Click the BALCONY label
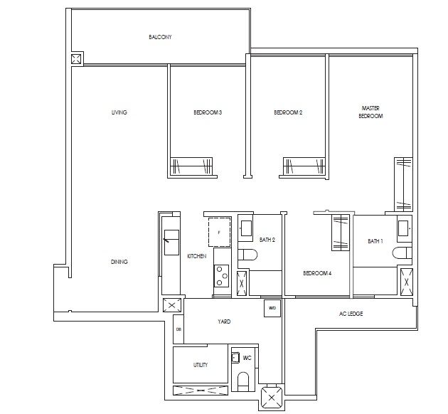[x=160, y=37]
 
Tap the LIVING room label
[x=119, y=112]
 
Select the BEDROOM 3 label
[x=208, y=112]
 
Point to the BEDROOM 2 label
[x=289, y=112]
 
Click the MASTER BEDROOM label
[x=370, y=112]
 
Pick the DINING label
[x=119, y=262]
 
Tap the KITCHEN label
[x=196, y=255]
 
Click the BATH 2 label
[x=267, y=240]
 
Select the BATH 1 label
[x=375, y=241]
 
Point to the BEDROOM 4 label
[x=317, y=273]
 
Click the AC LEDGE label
[x=351, y=314]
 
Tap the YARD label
[x=224, y=322]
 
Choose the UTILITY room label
[x=201, y=365]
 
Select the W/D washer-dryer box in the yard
[x=271, y=308]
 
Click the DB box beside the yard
[x=178, y=329]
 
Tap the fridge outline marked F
[x=218, y=232]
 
